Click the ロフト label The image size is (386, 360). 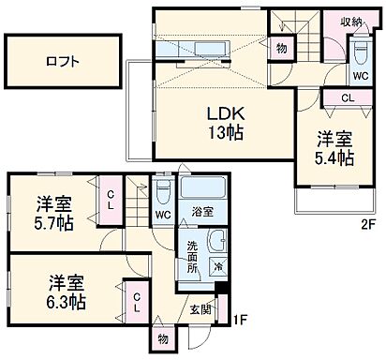point(63,61)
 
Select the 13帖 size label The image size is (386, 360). point(225,132)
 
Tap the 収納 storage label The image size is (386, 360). point(351,21)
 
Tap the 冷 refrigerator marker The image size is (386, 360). point(217,265)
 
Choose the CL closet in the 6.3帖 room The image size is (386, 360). point(138,303)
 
